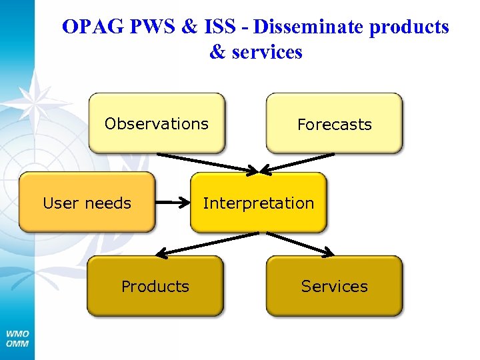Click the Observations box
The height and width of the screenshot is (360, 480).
click(157, 124)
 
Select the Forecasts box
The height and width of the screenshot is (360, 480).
click(334, 124)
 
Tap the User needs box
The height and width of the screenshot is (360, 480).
click(87, 203)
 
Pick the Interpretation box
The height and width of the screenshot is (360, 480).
click(259, 203)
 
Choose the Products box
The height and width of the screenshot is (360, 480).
click(155, 286)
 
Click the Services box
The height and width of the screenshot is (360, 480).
click(334, 286)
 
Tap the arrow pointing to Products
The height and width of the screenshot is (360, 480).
click(207, 243)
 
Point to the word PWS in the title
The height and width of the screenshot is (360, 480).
click(150, 27)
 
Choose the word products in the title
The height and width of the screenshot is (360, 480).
click(408, 27)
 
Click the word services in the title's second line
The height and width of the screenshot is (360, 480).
click(267, 52)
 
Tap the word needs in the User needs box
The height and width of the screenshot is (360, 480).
click(109, 203)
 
